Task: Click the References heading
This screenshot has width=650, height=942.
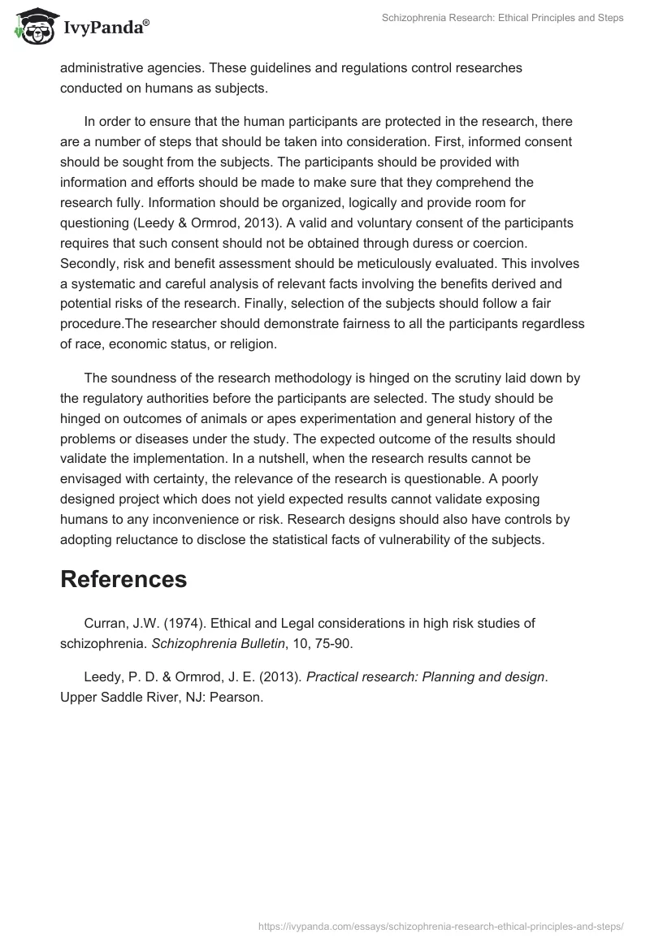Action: (x=123, y=579)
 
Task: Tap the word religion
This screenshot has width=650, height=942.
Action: (x=249, y=344)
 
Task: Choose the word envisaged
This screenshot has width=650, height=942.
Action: (x=96, y=477)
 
